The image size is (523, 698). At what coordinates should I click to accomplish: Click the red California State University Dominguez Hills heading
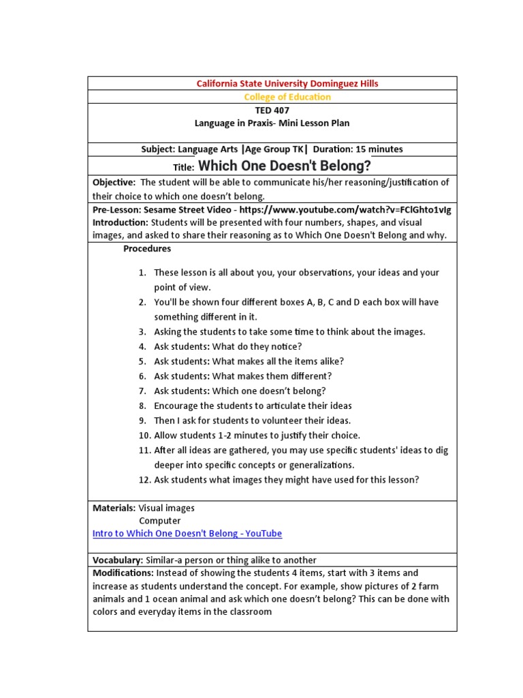tap(287, 83)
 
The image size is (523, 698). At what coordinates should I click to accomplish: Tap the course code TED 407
tap(272, 110)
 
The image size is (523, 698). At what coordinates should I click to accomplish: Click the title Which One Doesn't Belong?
tap(285, 166)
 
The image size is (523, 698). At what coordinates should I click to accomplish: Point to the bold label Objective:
tap(114, 182)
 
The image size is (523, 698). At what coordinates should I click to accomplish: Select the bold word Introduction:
tap(121, 222)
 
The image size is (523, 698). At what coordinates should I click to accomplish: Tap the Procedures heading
tap(147, 249)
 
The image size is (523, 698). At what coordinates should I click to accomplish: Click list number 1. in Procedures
tap(142, 273)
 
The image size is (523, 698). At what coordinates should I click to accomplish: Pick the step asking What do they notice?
tap(227, 346)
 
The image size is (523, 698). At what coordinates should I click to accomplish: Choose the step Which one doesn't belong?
tap(240, 391)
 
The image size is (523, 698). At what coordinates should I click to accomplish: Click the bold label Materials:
tap(114, 508)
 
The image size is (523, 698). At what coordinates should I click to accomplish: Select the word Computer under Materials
tap(160, 521)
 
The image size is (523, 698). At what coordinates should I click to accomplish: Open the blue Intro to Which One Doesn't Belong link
tap(187, 534)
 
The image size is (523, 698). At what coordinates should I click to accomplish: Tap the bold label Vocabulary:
tap(118, 560)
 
